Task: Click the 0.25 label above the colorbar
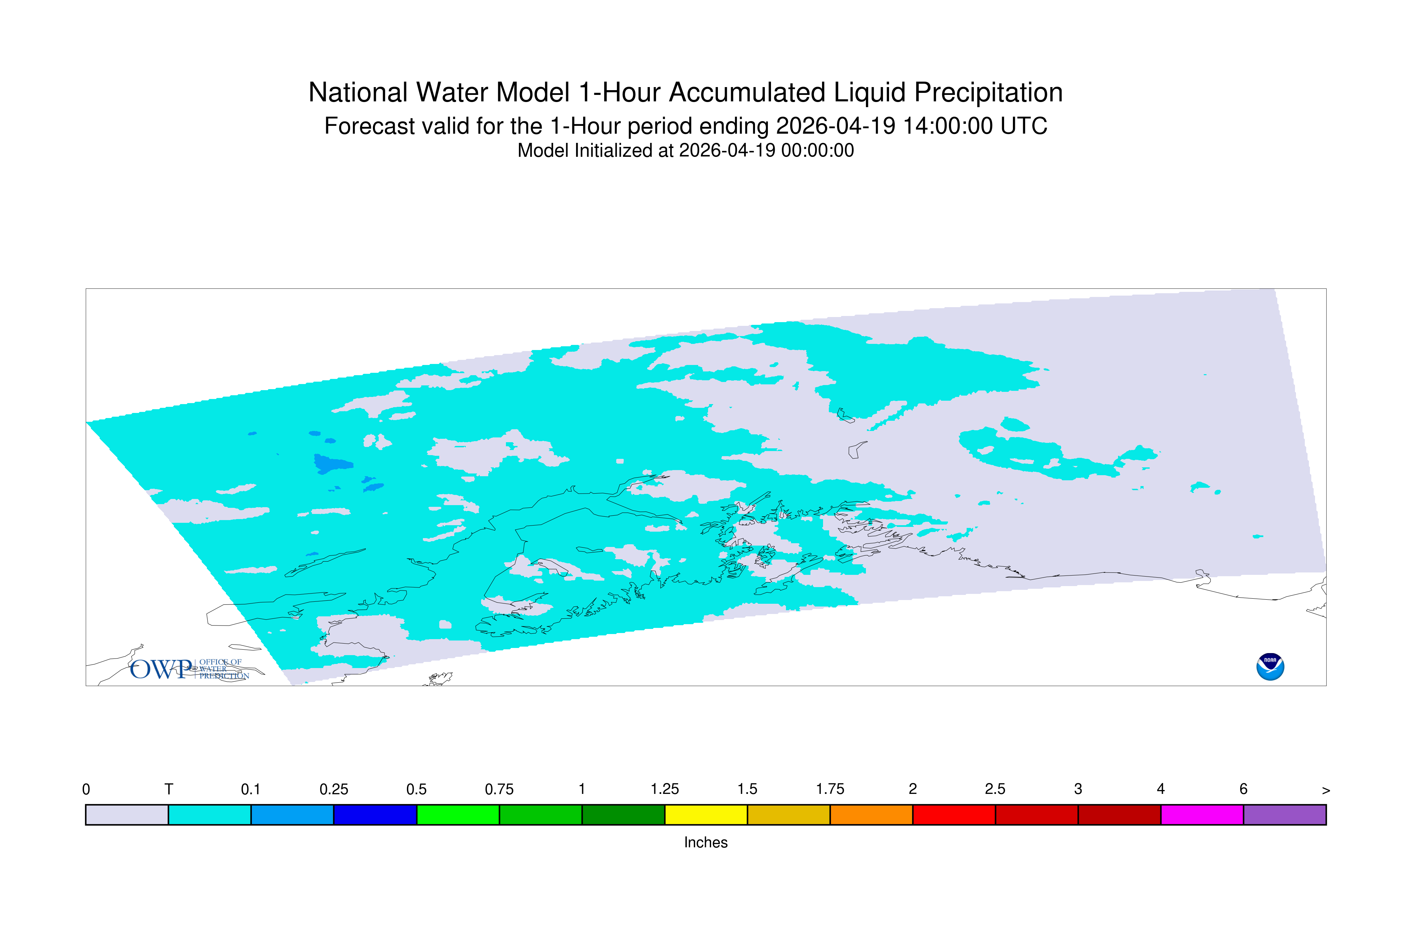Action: click(x=333, y=789)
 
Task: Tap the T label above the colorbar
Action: click(x=169, y=789)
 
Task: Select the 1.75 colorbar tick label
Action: click(x=830, y=789)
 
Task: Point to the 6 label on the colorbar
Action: click(x=1243, y=789)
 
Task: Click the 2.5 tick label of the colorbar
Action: click(x=995, y=789)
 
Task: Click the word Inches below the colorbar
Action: click(x=706, y=842)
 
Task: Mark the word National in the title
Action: click(x=359, y=93)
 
